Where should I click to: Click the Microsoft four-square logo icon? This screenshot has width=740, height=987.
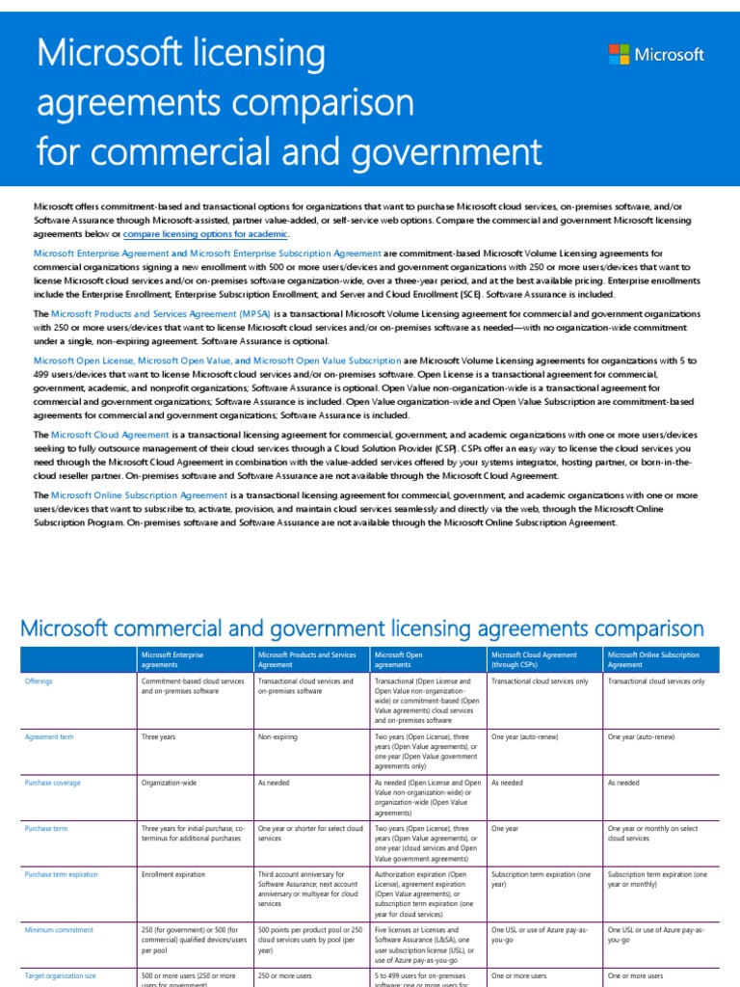pos(620,54)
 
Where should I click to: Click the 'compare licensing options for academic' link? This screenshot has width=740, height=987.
pos(205,234)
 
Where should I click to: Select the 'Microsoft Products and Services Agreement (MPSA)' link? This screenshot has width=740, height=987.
pos(161,314)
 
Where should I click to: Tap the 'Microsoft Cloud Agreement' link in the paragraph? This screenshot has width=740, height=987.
pos(110,435)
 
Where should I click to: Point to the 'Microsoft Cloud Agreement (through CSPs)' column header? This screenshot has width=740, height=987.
pos(534,658)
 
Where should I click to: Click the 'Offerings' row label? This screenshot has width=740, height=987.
pos(39,680)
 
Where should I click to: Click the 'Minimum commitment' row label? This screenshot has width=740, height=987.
pos(59,930)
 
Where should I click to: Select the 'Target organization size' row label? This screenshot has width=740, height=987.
pos(60,975)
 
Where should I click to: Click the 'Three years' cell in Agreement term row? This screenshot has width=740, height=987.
pos(158,736)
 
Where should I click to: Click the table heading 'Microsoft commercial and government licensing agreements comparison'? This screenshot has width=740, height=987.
pos(362,628)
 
